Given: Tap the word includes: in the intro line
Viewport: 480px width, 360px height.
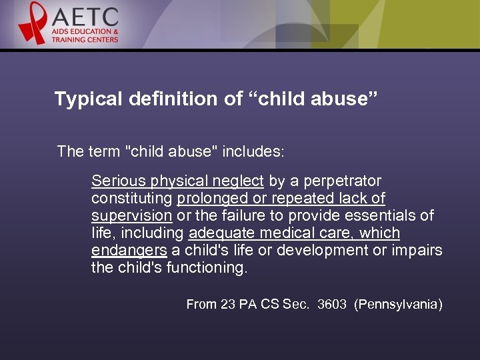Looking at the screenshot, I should point(253,151).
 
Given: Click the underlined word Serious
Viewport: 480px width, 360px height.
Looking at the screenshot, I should point(114,181).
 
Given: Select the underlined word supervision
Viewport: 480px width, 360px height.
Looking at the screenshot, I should point(131,216).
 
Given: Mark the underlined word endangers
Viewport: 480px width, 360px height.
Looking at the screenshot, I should point(129,251).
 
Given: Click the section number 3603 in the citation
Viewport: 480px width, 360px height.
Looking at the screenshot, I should point(332,305).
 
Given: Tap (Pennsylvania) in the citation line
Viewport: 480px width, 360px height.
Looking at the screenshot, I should point(398,305).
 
